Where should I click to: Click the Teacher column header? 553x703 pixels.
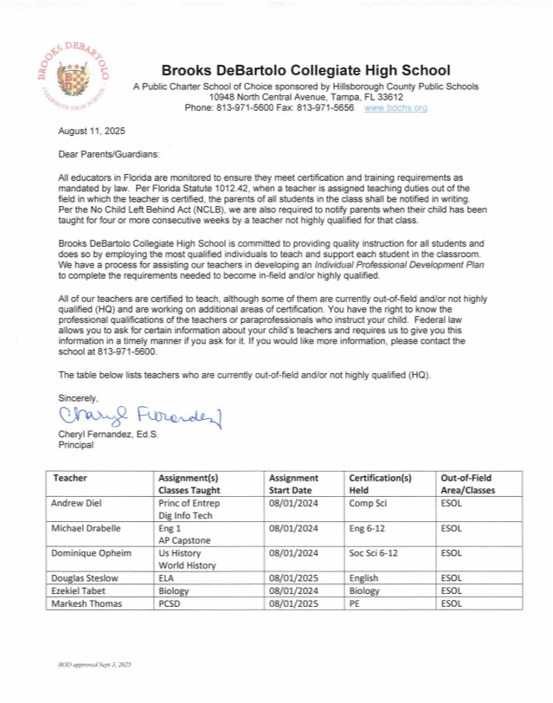[70, 478]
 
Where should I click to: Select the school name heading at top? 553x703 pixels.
[305, 70]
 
